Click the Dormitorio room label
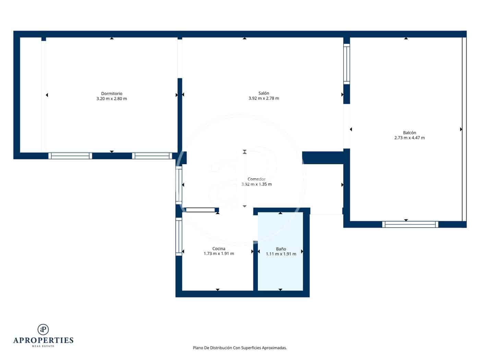click(111, 94)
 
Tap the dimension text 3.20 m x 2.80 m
click(111, 99)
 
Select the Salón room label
click(264, 93)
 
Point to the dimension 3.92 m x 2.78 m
click(264, 98)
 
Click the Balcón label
click(409, 133)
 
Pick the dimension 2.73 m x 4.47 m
click(409, 138)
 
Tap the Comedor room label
click(256, 179)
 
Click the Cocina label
click(219, 249)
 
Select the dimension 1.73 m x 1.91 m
click(219, 254)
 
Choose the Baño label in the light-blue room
click(281, 249)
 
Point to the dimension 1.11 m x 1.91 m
click(281, 254)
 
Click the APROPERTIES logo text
click(43, 340)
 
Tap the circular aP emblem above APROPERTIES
click(43, 329)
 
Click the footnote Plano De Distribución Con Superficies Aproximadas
click(240, 348)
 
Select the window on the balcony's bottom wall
click(410, 224)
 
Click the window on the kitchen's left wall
click(179, 237)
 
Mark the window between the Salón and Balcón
click(347, 64)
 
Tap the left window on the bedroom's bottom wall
click(70, 156)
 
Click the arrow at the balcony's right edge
click(461, 129)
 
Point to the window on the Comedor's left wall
click(179, 185)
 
